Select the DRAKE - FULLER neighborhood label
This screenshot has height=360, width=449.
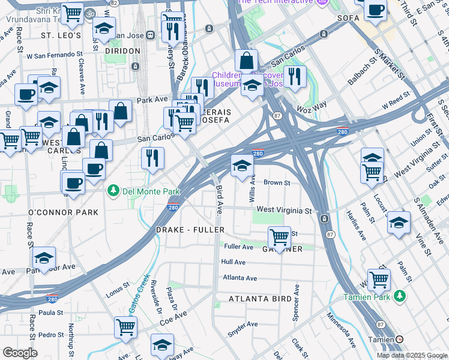coord(190,230)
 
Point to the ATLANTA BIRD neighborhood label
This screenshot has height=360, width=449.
coord(259,298)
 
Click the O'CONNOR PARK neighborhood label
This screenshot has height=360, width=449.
coord(63,212)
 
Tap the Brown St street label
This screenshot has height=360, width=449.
coord(277,182)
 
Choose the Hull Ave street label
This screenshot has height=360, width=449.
coord(233,262)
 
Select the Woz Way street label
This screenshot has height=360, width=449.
coord(312,106)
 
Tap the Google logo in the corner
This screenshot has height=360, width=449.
coord(20,353)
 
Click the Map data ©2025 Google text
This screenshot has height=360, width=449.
coord(411,355)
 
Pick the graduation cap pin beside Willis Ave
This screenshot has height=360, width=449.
coord(242,166)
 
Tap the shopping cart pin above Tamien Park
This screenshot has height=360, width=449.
coord(379,279)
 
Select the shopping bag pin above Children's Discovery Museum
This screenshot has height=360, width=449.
coord(246,60)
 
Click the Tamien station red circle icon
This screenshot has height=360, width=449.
coord(400,340)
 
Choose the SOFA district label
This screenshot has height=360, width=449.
coord(348,18)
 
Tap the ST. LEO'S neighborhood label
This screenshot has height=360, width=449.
coord(61,36)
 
